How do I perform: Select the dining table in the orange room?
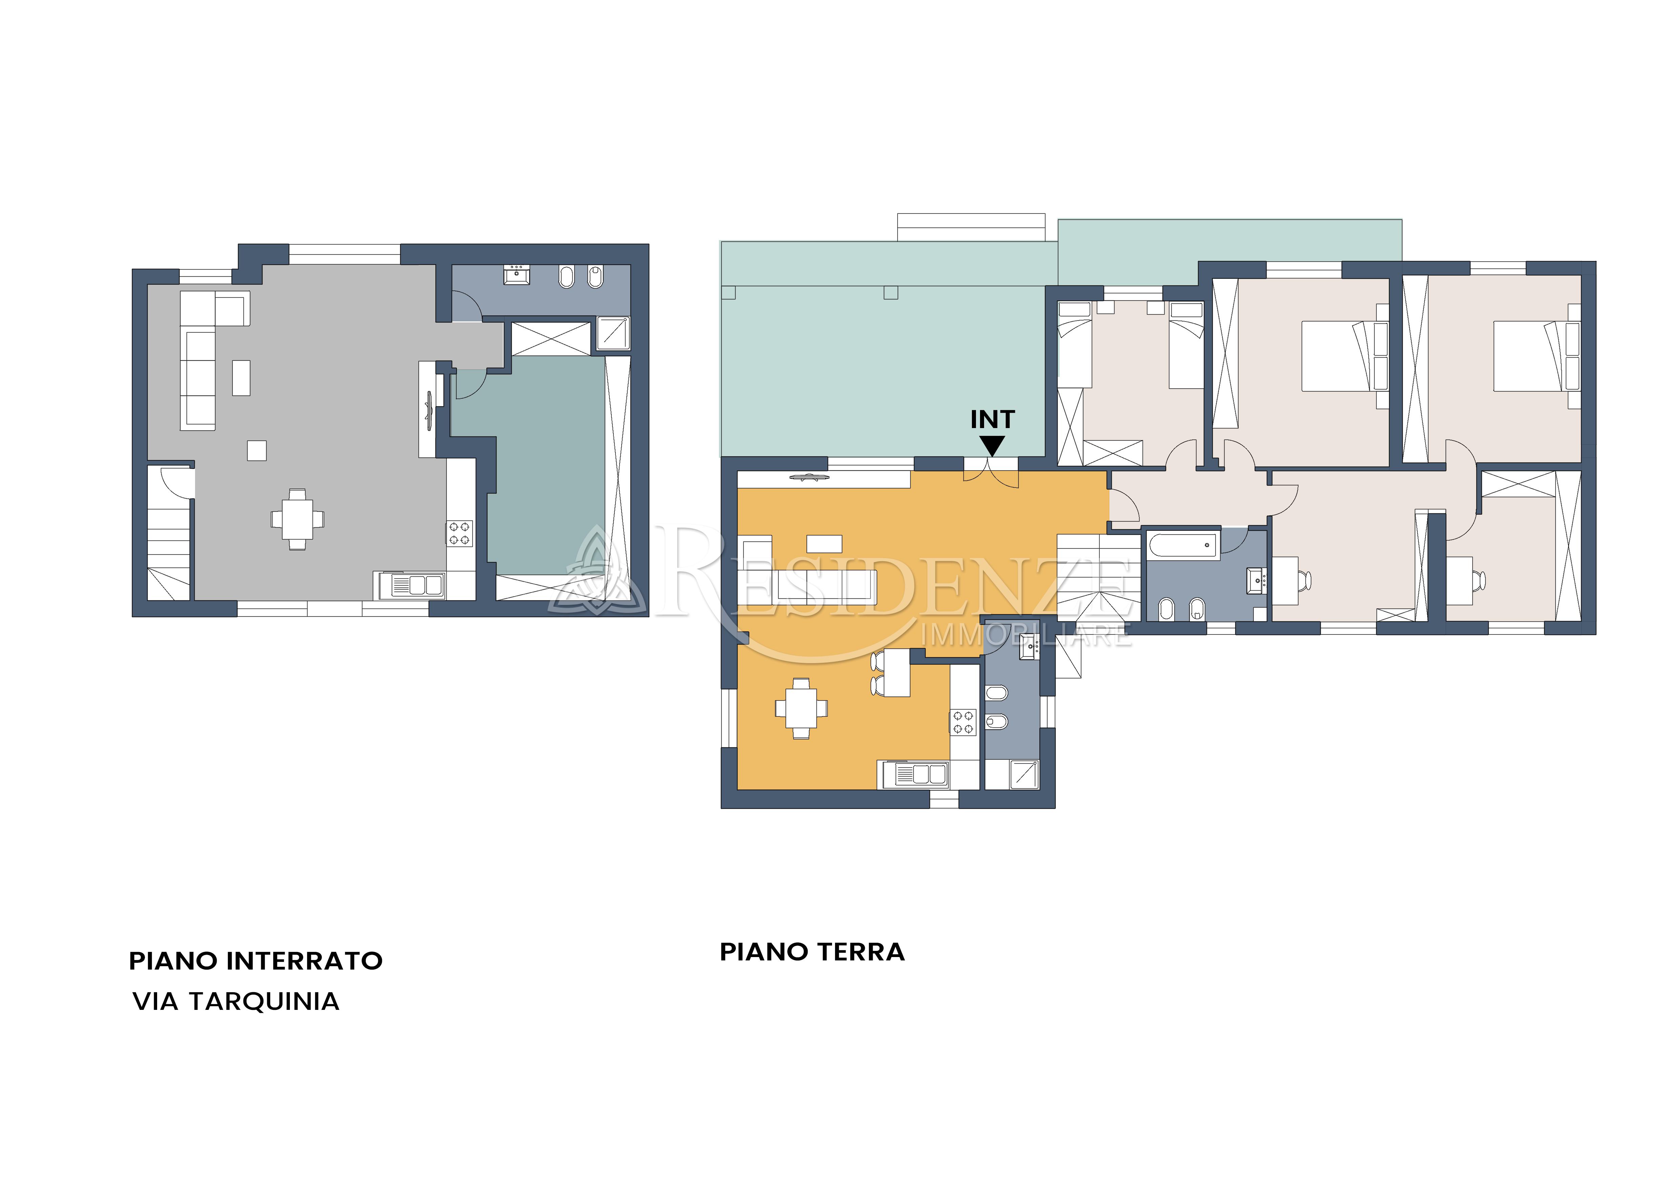pyautogui.click(x=801, y=708)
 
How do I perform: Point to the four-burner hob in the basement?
pyautogui.click(x=460, y=533)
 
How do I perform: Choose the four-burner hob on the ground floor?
pyautogui.click(x=963, y=722)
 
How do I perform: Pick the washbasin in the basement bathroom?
pyautogui.click(x=516, y=275)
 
